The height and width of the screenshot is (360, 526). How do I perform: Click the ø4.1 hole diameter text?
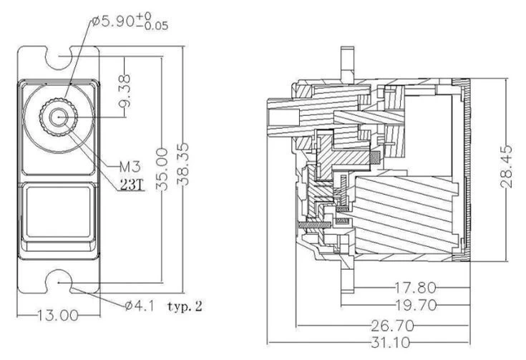pos(136,306)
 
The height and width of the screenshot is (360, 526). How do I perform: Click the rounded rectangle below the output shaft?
pos(57,214)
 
